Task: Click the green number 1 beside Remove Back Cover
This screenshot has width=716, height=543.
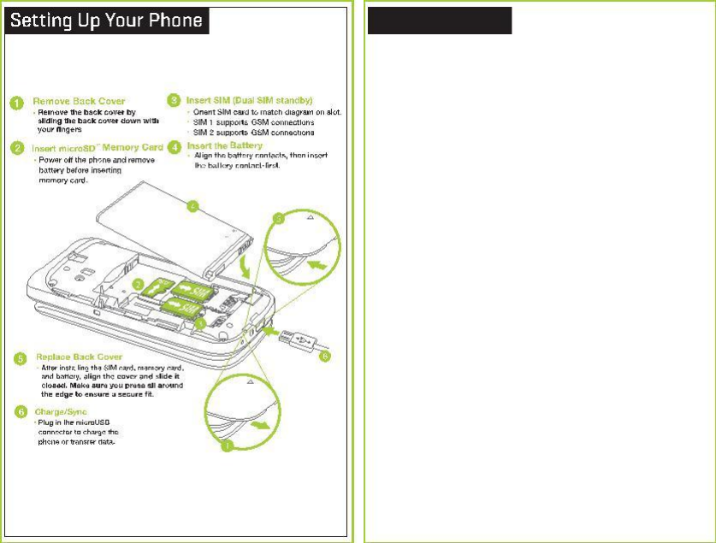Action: (16, 103)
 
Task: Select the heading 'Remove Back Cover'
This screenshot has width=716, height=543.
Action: (80, 101)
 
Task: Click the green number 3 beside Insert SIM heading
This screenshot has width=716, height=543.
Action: (174, 101)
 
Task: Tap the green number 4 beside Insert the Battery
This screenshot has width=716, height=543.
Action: (174, 146)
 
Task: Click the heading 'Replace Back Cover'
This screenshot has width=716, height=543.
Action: (80, 356)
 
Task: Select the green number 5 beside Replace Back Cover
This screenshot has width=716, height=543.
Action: (16, 357)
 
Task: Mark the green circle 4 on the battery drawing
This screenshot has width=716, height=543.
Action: (193, 205)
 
